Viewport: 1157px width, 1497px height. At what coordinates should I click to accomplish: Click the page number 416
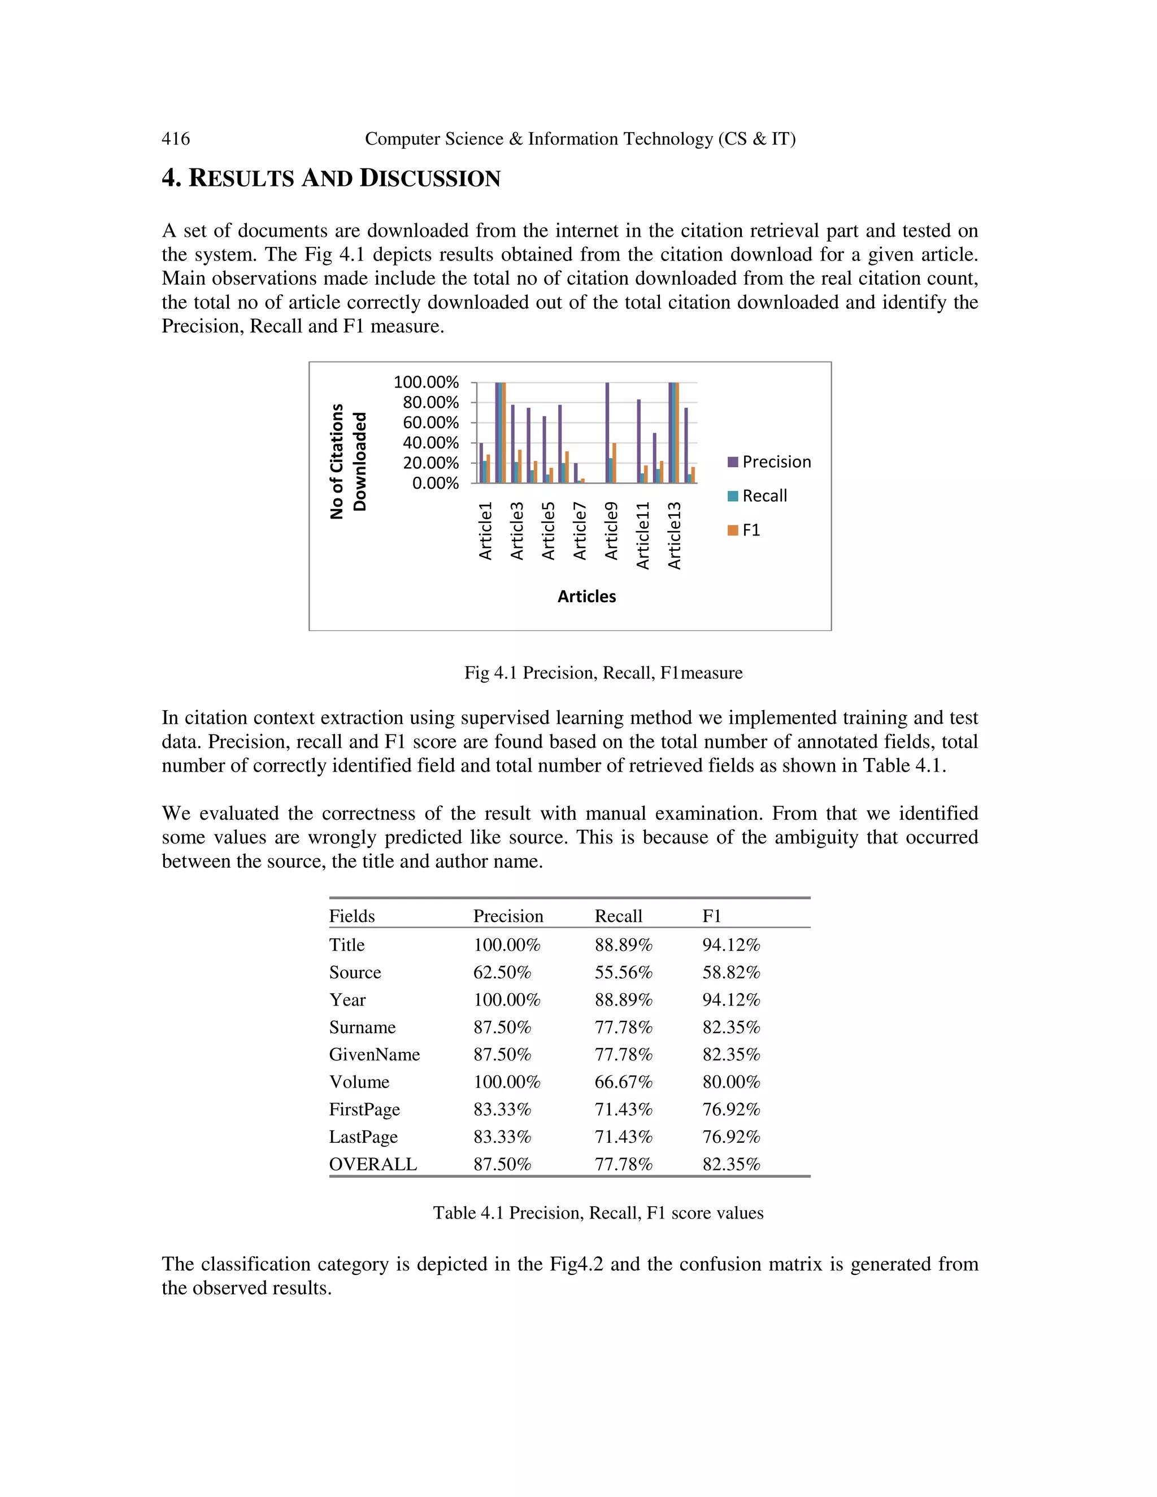(x=176, y=139)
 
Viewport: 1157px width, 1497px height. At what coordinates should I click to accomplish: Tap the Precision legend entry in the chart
(x=769, y=462)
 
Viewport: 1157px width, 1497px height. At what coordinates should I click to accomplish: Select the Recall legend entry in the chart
(x=758, y=496)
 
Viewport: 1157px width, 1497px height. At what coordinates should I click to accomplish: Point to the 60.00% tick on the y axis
(x=430, y=423)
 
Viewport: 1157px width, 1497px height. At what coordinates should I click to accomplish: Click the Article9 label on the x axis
(x=611, y=530)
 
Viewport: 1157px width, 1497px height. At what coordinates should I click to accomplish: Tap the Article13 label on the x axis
(x=675, y=536)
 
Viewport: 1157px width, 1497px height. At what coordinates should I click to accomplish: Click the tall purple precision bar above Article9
(x=607, y=432)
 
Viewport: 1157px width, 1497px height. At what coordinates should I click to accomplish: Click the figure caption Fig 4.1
(x=603, y=673)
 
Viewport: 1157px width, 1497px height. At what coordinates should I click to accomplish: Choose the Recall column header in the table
(x=617, y=916)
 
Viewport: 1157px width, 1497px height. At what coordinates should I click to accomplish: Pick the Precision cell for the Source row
(x=502, y=973)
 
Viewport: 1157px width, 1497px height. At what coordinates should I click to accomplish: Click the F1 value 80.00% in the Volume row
(x=730, y=1082)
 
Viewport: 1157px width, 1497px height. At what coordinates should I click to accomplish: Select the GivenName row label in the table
(x=374, y=1055)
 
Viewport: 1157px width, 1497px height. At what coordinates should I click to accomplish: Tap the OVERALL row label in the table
(x=373, y=1165)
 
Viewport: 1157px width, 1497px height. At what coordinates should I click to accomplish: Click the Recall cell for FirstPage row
(x=623, y=1109)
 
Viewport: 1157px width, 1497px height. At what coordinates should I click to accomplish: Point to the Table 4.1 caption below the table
(x=598, y=1213)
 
